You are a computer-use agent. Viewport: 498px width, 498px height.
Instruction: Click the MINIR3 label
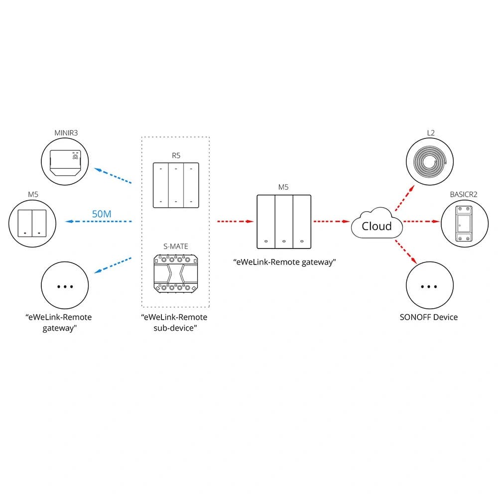click(x=65, y=133)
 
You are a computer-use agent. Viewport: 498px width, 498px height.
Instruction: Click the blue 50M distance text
click(x=102, y=214)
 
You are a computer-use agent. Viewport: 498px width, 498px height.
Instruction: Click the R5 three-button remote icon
click(x=176, y=185)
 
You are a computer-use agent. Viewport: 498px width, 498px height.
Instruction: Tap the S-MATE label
click(x=176, y=246)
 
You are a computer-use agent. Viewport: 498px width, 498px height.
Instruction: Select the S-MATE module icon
click(x=176, y=274)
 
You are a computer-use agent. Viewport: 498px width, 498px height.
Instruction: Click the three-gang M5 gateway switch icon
click(x=283, y=222)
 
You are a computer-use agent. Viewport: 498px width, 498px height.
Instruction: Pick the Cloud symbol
click(x=376, y=226)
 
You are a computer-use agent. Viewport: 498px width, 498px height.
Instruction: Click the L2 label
click(x=431, y=133)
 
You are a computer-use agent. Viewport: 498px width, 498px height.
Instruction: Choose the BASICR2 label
click(x=464, y=194)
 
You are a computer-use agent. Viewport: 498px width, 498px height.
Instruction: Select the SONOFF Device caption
click(x=428, y=317)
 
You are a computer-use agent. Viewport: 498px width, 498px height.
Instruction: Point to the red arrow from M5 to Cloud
click(x=330, y=221)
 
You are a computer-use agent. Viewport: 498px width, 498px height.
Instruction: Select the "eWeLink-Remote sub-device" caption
click(x=174, y=322)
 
